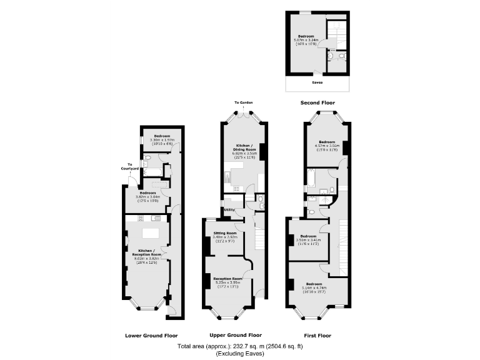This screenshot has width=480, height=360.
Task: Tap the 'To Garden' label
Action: (x=244, y=102)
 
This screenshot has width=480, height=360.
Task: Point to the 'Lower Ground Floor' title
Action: (x=151, y=334)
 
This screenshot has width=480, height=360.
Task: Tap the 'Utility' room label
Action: (x=229, y=209)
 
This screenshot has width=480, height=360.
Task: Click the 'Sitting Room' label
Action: (x=224, y=233)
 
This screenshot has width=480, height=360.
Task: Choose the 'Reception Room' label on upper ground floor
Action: (x=227, y=278)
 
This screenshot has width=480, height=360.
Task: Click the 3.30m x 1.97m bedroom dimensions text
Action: (x=160, y=139)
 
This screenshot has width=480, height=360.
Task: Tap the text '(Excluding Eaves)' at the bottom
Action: (x=240, y=353)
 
